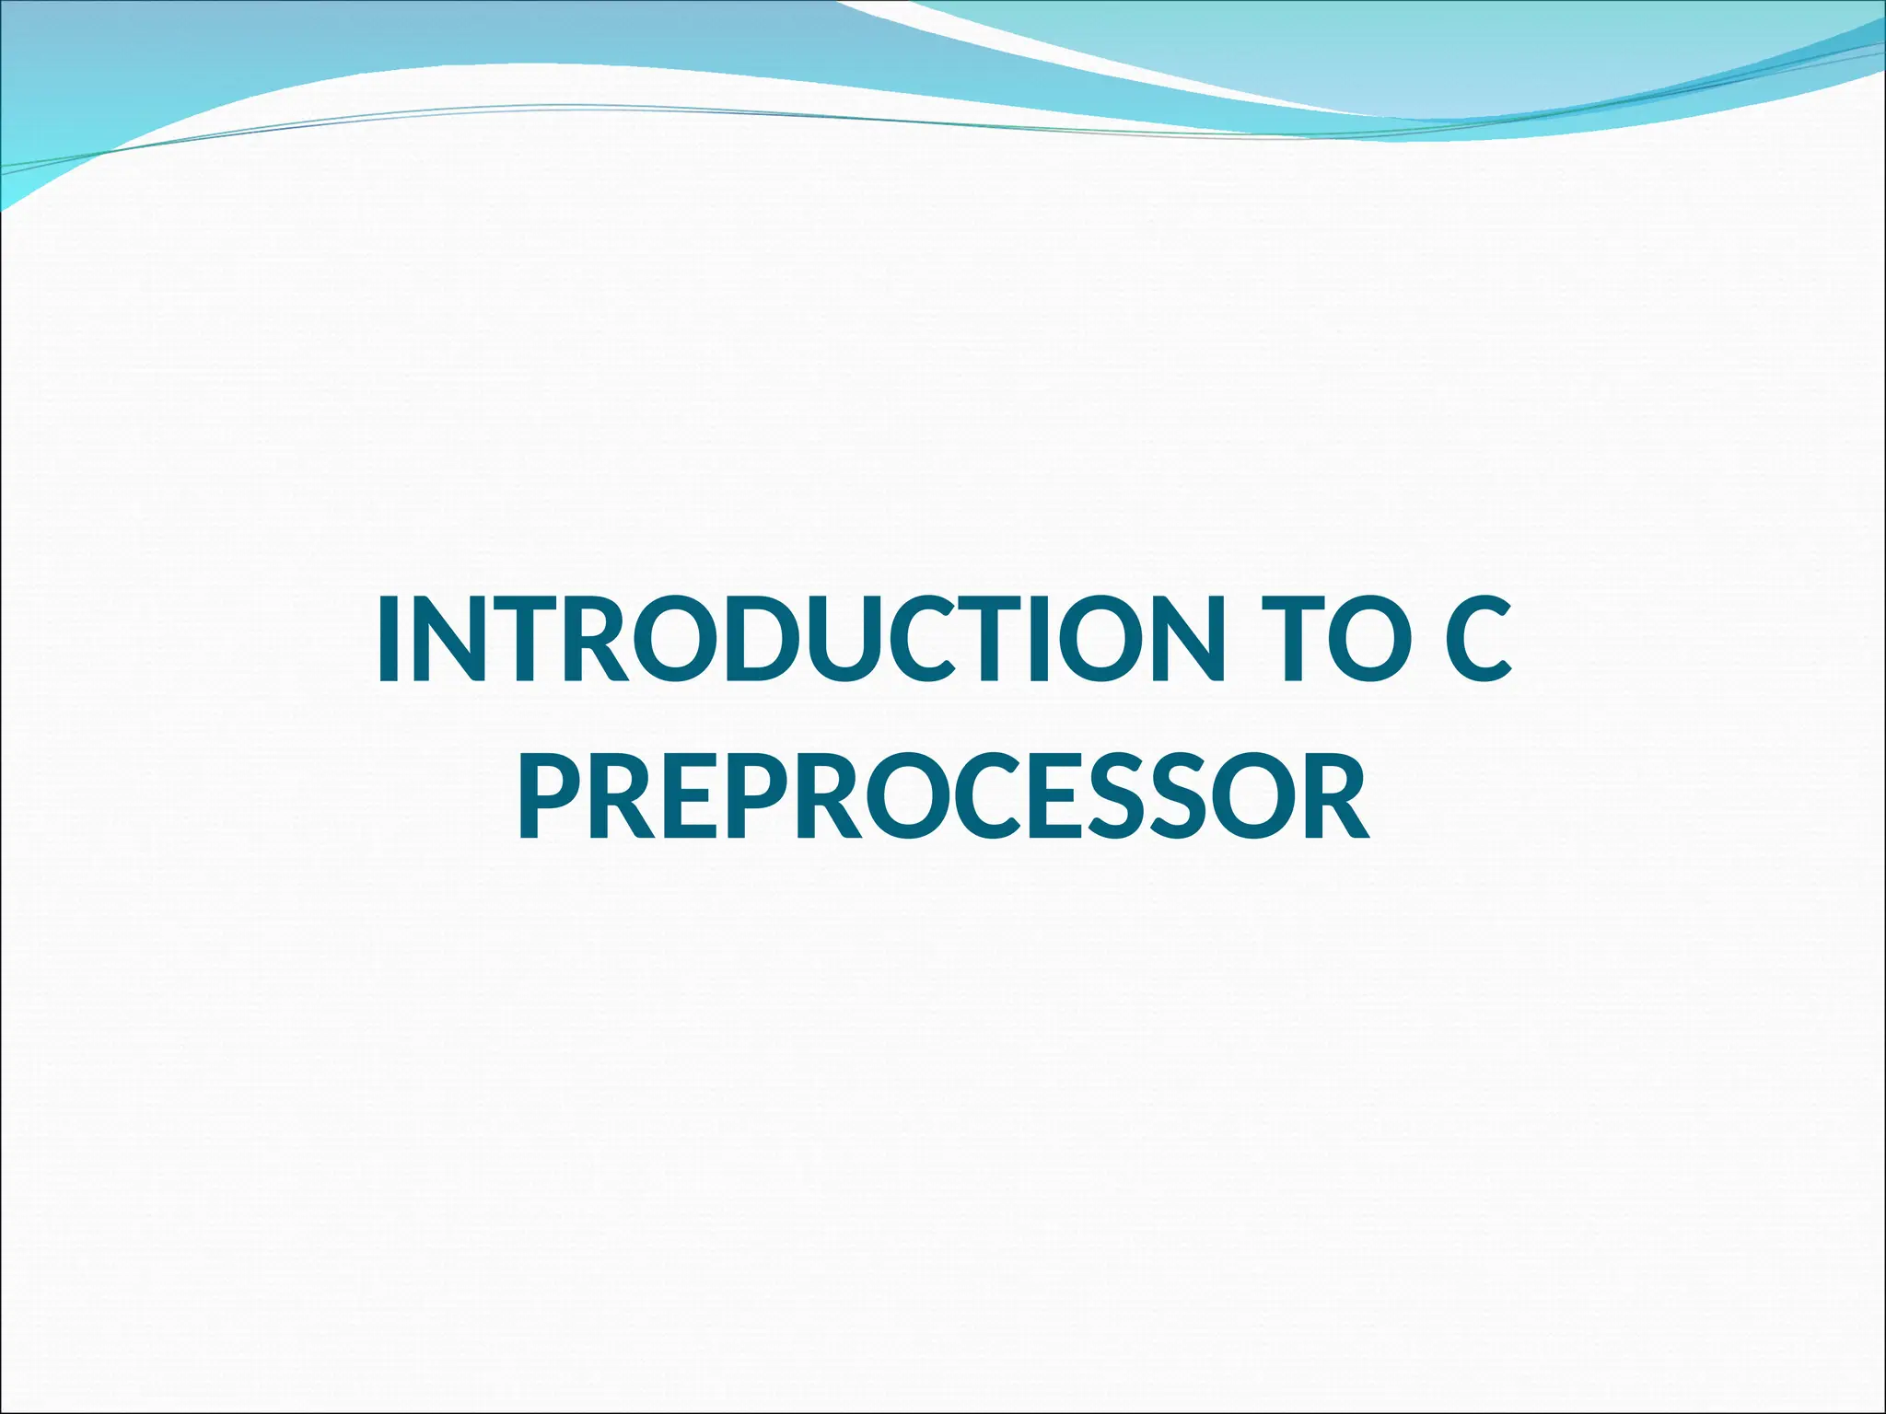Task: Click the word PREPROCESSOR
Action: pos(943,795)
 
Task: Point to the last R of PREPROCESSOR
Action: pos(1335,795)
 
